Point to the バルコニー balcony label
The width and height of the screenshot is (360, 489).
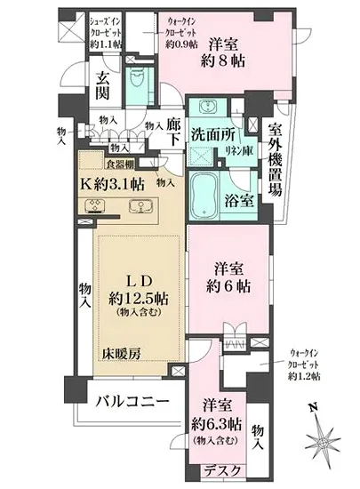(132, 404)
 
